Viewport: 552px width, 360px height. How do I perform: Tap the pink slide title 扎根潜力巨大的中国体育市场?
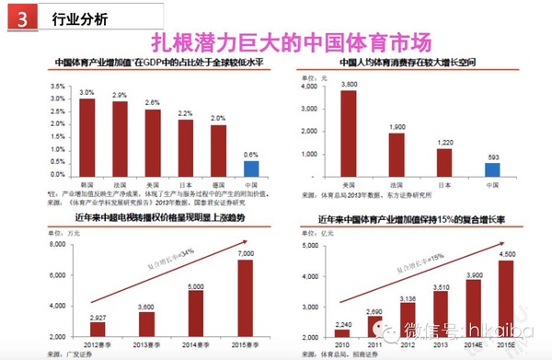[291, 41]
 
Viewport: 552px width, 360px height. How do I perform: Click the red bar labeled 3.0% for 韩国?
[86, 137]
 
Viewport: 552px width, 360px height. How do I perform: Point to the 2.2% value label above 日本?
[185, 113]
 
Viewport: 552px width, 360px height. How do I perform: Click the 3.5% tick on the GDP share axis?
[57, 86]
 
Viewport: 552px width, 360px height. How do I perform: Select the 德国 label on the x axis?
[218, 182]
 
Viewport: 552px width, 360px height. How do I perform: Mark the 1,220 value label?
[445, 142]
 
